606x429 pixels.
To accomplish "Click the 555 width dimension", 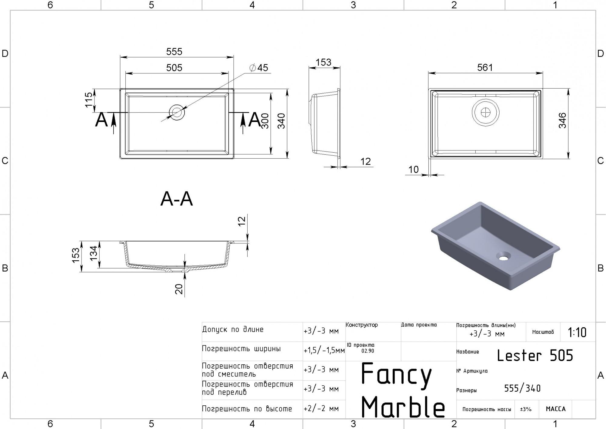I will [174, 52].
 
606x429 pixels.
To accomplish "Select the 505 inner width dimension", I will [174, 67].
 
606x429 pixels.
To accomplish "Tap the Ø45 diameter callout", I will [259, 68].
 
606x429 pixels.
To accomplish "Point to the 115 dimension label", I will [88, 100].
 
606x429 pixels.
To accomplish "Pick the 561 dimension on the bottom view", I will [485, 67].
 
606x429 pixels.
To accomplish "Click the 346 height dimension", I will [562, 120].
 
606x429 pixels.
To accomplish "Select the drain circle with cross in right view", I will [486, 113].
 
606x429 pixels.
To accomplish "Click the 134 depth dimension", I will [94, 253].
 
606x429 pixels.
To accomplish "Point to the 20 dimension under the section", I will [179, 289].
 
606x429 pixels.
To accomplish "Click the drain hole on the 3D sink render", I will [503, 258].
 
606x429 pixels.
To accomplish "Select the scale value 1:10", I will [577, 333].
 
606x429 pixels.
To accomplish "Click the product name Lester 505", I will [535, 356].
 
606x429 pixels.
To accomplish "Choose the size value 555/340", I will [522, 388].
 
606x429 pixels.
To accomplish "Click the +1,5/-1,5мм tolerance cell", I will [324, 351].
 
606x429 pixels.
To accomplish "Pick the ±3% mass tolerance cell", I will [526, 409].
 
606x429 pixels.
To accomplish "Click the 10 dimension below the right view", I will [414, 170].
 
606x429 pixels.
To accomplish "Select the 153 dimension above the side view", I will [323, 62].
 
